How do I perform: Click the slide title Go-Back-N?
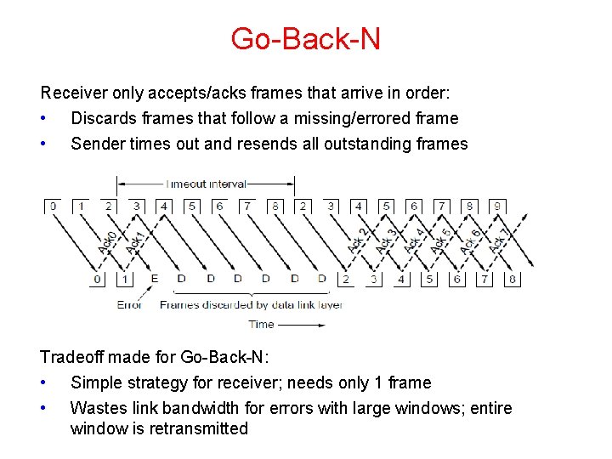click(x=305, y=38)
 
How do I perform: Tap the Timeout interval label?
click(x=207, y=183)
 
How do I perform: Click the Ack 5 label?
click(x=442, y=241)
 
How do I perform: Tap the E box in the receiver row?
click(x=154, y=279)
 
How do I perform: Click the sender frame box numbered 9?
click(x=497, y=206)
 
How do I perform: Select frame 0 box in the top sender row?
click(x=53, y=206)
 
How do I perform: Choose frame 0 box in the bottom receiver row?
click(x=98, y=279)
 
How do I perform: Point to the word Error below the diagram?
click(x=129, y=304)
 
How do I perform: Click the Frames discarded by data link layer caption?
click(x=251, y=304)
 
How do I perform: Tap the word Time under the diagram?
click(x=261, y=324)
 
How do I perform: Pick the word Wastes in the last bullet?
click(x=97, y=408)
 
